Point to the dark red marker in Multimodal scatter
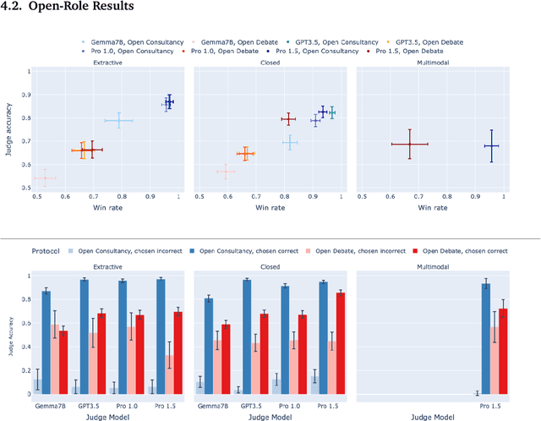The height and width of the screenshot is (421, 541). [x=409, y=144]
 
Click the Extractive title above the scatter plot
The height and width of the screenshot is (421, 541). [x=107, y=63]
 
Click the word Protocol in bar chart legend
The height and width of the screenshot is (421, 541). [x=49, y=250]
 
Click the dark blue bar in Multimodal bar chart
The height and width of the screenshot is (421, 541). [x=486, y=338]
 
